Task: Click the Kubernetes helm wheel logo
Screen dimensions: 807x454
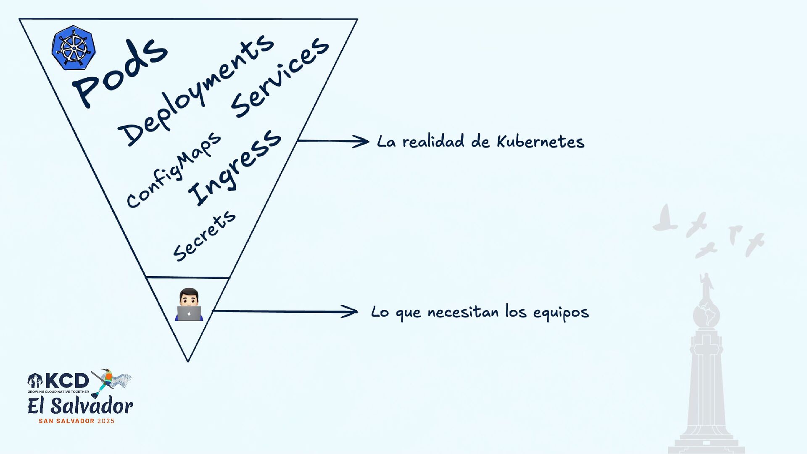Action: tap(74, 48)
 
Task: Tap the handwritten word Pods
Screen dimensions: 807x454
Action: tap(120, 71)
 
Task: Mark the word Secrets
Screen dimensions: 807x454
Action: tap(205, 236)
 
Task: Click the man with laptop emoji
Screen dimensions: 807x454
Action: tap(189, 305)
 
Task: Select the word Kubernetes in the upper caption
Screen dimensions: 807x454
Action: tap(541, 142)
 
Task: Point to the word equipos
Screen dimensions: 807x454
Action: tap(561, 313)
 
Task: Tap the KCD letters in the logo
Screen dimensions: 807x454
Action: tap(67, 381)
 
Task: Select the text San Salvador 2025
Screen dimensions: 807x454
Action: tap(76, 421)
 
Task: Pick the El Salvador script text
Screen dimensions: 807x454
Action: tap(80, 406)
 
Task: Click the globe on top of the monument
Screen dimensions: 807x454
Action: tap(706, 315)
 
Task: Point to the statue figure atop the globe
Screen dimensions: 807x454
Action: tap(706, 286)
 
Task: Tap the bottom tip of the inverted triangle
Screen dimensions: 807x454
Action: tap(188, 360)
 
